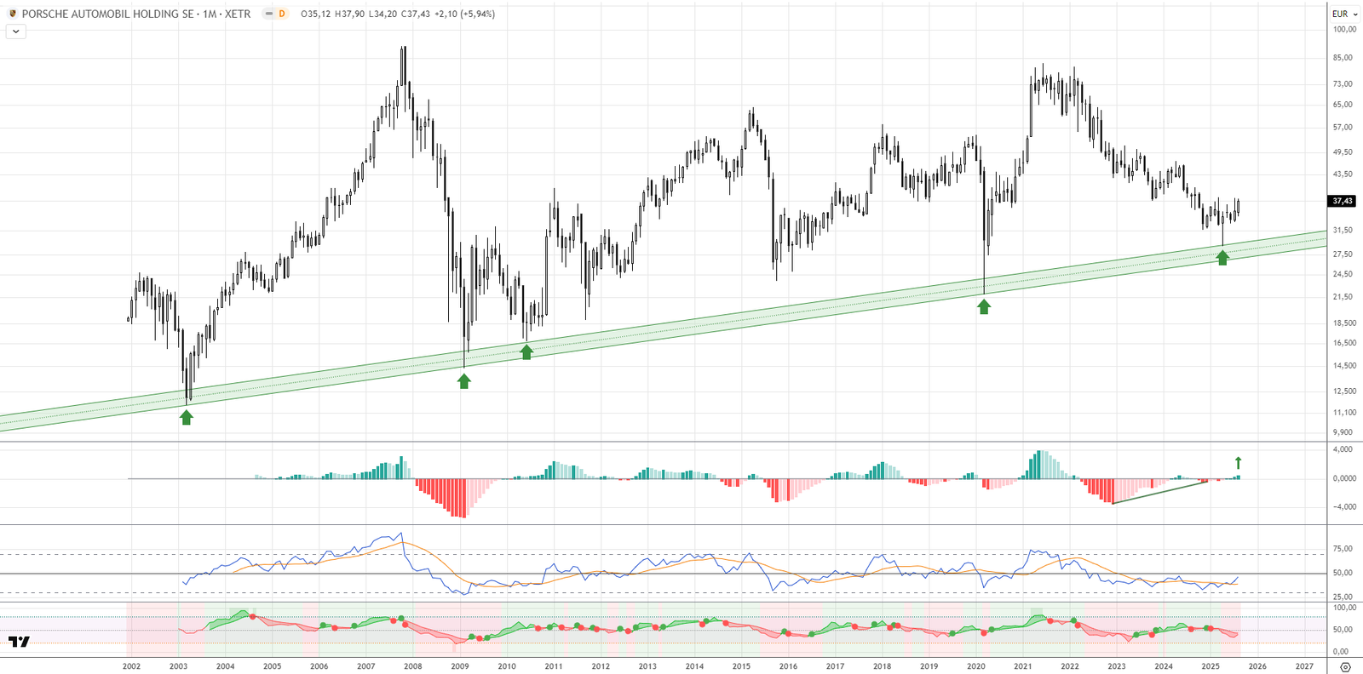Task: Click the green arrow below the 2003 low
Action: coord(187,417)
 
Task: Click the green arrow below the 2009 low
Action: coord(464,381)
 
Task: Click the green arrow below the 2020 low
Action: coord(984,307)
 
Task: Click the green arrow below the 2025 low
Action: coord(1222,258)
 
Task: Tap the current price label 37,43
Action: coord(1342,201)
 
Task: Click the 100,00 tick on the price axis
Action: coord(1344,30)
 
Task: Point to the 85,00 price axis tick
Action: coord(1343,58)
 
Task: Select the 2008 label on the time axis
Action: coord(412,666)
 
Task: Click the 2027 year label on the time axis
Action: coord(1304,666)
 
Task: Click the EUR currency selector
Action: coord(1344,14)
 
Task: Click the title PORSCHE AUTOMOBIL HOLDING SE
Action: coord(107,14)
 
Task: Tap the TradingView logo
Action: coord(19,642)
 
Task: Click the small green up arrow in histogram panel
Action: coord(1238,463)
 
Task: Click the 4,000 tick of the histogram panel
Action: coord(1343,449)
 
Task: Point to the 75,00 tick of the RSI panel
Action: coord(1343,549)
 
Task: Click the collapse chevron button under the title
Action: coord(16,31)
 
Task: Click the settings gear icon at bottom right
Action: coord(1345,667)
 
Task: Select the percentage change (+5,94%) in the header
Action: coord(477,14)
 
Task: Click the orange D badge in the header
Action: coord(282,14)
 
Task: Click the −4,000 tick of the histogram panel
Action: coord(1343,507)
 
